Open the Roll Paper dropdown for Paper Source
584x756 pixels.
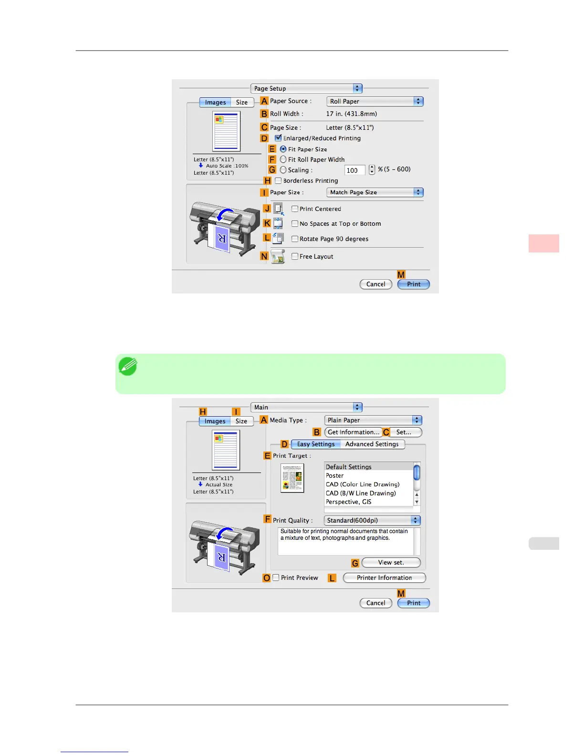pyautogui.click(x=375, y=101)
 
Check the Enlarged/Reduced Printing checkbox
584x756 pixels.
pyautogui.click(x=278, y=138)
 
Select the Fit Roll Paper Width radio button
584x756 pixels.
pyautogui.click(x=283, y=159)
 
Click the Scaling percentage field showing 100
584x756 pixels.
pyautogui.click(x=355, y=170)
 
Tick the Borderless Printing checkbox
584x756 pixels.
pyautogui.click(x=278, y=180)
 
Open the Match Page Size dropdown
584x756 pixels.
pyautogui.click(x=375, y=192)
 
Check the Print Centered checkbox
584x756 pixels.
pyautogui.click(x=295, y=209)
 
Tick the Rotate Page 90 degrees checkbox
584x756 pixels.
pyautogui.click(x=295, y=239)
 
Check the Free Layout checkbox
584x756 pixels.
pyautogui.click(x=295, y=256)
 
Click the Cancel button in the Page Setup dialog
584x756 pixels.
pyautogui.click(x=375, y=284)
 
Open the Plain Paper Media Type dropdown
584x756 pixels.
pyautogui.click(x=373, y=420)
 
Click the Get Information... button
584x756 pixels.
pyautogui.click(x=353, y=432)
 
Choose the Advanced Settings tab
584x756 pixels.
pyautogui.click(x=372, y=444)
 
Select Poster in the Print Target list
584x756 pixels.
pyautogui.click(x=335, y=475)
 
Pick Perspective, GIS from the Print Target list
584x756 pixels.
pyautogui.click(x=348, y=502)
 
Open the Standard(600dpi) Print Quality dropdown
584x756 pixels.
pyautogui.click(x=372, y=520)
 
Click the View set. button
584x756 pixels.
pyautogui.click(x=391, y=562)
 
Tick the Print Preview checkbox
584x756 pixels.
pyautogui.click(x=276, y=577)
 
